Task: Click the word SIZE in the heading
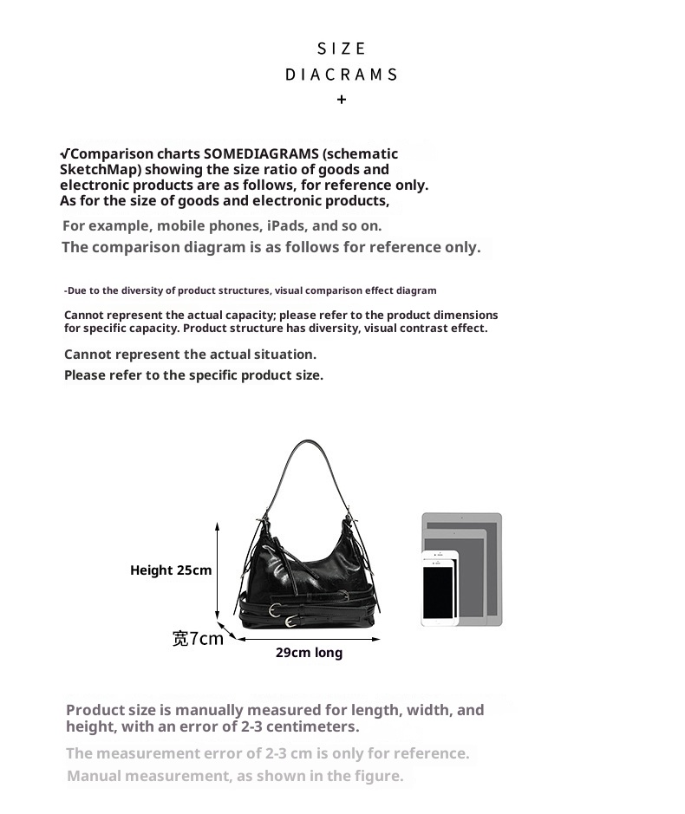point(342,49)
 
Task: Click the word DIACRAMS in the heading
point(342,75)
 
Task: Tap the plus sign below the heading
point(342,100)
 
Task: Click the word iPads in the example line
point(287,225)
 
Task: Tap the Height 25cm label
point(171,570)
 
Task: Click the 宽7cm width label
point(198,639)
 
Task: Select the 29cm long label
point(309,653)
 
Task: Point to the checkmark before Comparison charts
point(64,153)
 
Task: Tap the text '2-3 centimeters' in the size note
point(299,726)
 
